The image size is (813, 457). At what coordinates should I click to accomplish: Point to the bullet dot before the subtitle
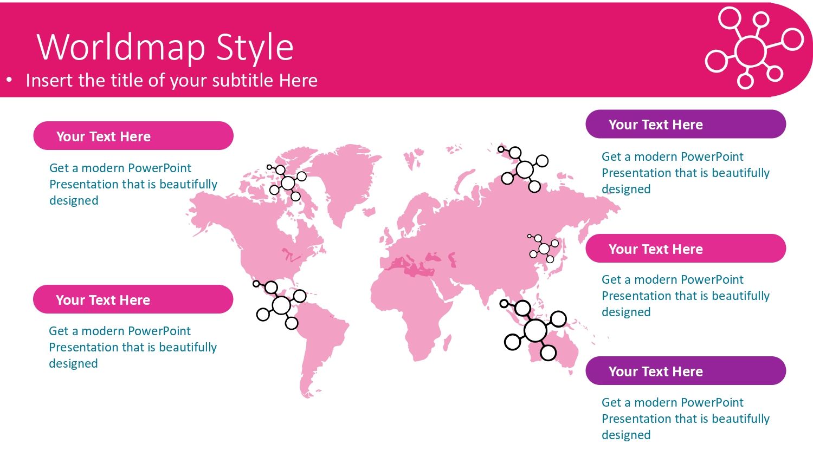pyautogui.click(x=9, y=80)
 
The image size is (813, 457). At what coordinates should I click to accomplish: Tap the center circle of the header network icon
pyautogui.click(x=750, y=51)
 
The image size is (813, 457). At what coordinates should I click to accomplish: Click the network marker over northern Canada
pyautogui.click(x=287, y=182)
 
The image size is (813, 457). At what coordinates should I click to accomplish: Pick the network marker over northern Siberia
pyautogui.click(x=524, y=169)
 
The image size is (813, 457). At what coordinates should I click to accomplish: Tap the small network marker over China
pyautogui.click(x=543, y=249)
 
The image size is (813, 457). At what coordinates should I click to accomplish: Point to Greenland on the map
pyautogui.click(x=345, y=178)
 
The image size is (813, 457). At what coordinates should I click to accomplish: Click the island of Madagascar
pyautogui.click(x=448, y=343)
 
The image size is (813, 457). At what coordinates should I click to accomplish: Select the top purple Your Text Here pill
pyautogui.click(x=686, y=124)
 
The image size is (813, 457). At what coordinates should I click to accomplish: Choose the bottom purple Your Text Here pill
pyautogui.click(x=686, y=371)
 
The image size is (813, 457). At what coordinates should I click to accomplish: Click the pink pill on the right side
pyautogui.click(x=686, y=249)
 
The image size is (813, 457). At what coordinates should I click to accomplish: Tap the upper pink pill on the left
pyautogui.click(x=133, y=136)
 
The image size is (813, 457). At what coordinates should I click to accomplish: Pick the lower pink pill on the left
pyautogui.click(x=133, y=299)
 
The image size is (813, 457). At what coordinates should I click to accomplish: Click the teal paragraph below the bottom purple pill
pyautogui.click(x=686, y=419)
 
